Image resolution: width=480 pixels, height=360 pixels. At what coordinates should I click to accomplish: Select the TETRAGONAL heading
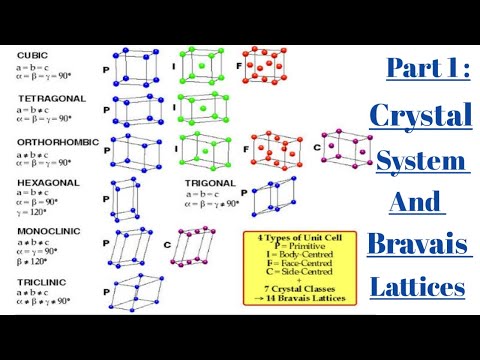[45, 98]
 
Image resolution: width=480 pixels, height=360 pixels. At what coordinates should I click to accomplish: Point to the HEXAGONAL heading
[44, 183]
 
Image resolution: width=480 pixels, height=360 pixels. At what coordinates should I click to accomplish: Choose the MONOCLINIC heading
[46, 231]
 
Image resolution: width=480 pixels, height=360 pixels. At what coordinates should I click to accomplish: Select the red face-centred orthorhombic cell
[276, 148]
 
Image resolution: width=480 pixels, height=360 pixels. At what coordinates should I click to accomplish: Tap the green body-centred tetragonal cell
[203, 108]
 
